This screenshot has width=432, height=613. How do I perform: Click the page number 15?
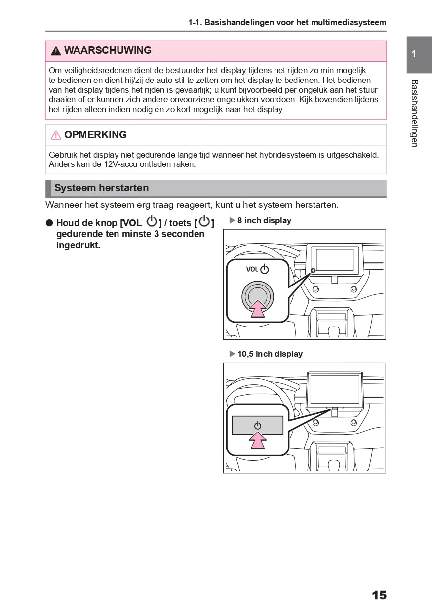click(379, 595)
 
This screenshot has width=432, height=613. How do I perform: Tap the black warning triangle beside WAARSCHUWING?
click(56, 51)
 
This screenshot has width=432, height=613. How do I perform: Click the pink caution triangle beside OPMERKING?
click(56, 135)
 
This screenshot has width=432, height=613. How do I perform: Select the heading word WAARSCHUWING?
click(108, 50)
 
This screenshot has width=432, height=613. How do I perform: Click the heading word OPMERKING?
click(95, 135)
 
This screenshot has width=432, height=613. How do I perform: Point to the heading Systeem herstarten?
click(101, 188)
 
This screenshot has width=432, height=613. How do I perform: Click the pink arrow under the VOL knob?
click(257, 310)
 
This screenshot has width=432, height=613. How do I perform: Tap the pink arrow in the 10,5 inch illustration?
click(257, 440)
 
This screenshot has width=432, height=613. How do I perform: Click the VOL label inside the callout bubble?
click(252, 269)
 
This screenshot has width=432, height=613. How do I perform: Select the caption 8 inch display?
click(264, 221)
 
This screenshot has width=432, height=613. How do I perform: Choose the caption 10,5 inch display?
click(270, 354)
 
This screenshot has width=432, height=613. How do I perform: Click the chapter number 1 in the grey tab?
click(414, 54)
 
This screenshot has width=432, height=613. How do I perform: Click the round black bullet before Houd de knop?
click(49, 223)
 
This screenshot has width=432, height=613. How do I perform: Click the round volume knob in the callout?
click(257, 295)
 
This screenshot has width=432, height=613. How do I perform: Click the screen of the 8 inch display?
click(335, 260)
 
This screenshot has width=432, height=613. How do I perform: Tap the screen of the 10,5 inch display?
click(334, 389)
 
